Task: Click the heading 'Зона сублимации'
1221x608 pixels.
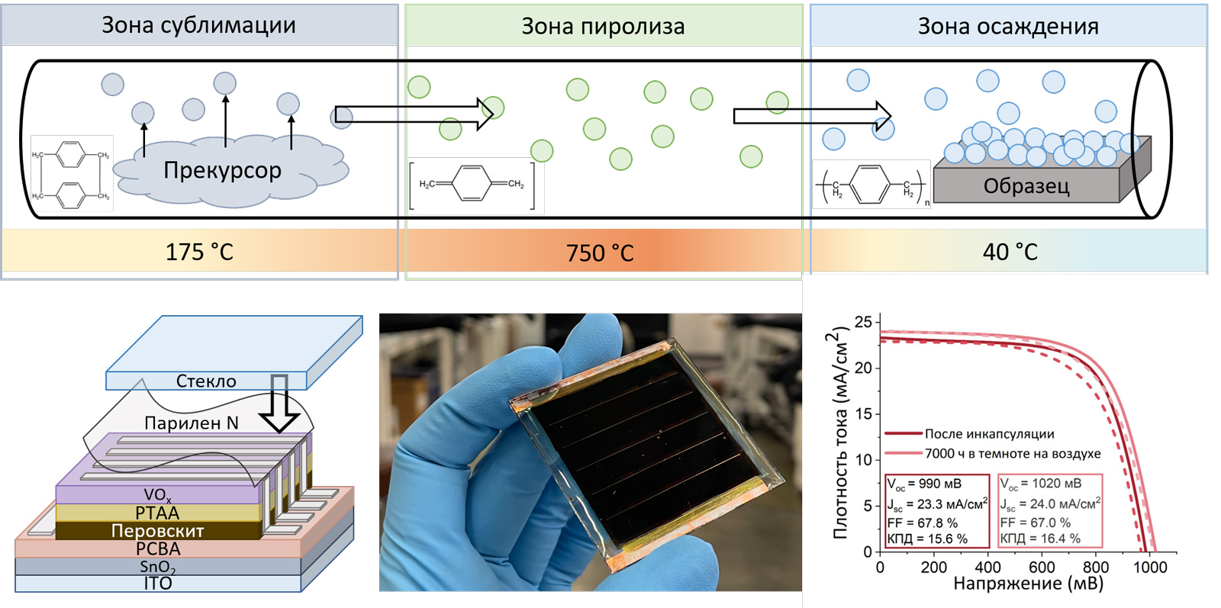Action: [198, 25]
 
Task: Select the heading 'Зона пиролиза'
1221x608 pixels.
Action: [603, 27]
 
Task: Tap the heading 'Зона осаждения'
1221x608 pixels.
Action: [1008, 27]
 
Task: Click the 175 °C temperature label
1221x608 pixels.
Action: [199, 252]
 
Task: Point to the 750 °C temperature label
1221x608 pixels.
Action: [600, 253]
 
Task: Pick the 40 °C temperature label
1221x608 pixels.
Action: [1010, 252]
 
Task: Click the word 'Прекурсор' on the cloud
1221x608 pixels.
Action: [222, 170]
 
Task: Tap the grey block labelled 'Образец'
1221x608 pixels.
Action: [1026, 186]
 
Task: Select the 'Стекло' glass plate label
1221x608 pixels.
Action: [206, 381]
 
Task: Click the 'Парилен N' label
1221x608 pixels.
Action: [192, 423]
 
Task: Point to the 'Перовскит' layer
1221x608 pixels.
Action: [157, 530]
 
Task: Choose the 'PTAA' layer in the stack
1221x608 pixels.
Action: [157, 513]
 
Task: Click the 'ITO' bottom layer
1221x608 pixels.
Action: [158, 584]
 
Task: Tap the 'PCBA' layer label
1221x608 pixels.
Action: [158, 548]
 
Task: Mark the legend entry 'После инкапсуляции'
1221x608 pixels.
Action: [989, 434]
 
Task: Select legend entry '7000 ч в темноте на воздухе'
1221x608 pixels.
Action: [1013, 454]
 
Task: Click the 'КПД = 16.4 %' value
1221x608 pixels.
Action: [1040, 539]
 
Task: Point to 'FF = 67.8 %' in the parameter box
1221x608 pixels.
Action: [922, 523]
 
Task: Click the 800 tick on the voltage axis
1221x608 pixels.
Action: [1096, 567]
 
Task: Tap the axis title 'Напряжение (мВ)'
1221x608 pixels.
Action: [1028, 584]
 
